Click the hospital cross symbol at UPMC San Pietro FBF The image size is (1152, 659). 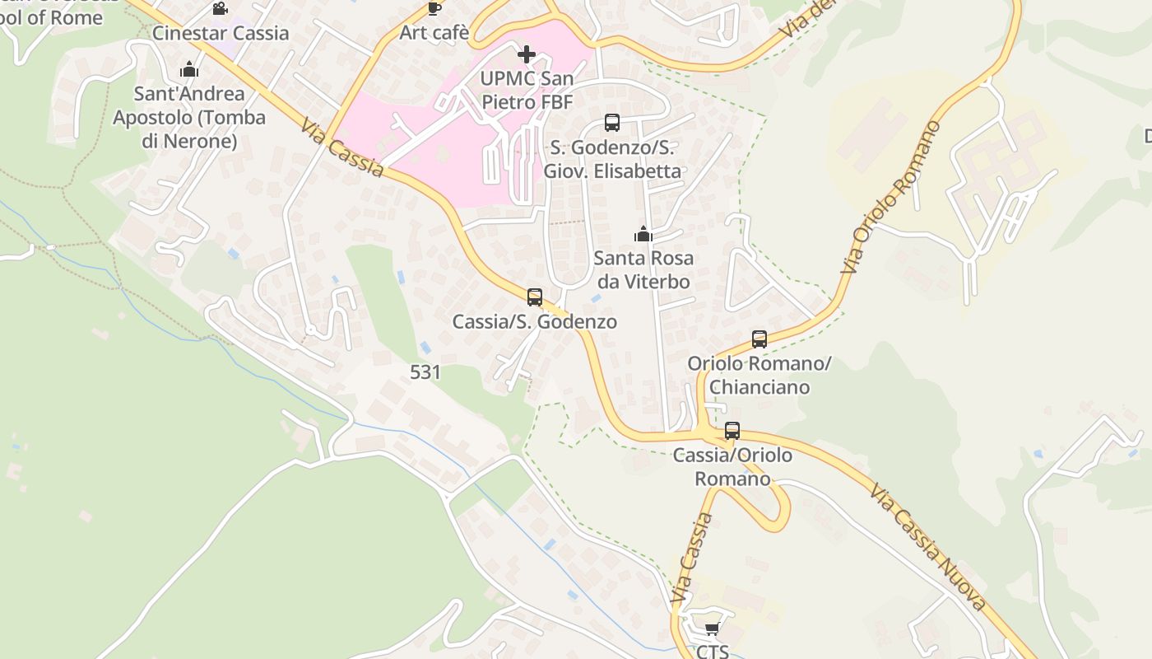point(527,54)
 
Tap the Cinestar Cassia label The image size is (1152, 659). point(221,33)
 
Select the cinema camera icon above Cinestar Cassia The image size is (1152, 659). point(220,9)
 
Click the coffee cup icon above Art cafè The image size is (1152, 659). point(434,8)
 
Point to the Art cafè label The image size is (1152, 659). point(434,33)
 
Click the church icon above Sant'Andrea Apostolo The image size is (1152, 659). point(189,69)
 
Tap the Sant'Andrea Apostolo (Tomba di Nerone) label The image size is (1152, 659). point(189,118)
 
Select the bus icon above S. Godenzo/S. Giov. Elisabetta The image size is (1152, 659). point(611,123)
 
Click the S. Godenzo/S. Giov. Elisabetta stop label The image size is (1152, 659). point(612,160)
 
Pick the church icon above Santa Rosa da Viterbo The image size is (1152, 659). point(643,234)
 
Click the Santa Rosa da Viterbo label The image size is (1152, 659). point(643,269)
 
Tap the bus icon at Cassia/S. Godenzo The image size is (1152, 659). point(535,297)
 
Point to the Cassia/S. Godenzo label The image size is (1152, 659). point(535,321)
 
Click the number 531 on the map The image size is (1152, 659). point(425,372)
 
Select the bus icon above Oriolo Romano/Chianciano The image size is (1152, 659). point(759,339)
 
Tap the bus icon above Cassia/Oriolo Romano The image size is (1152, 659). point(732,431)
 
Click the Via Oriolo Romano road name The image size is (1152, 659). point(890,198)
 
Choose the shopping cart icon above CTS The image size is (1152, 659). point(712,629)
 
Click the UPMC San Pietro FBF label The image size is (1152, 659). point(527,91)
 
